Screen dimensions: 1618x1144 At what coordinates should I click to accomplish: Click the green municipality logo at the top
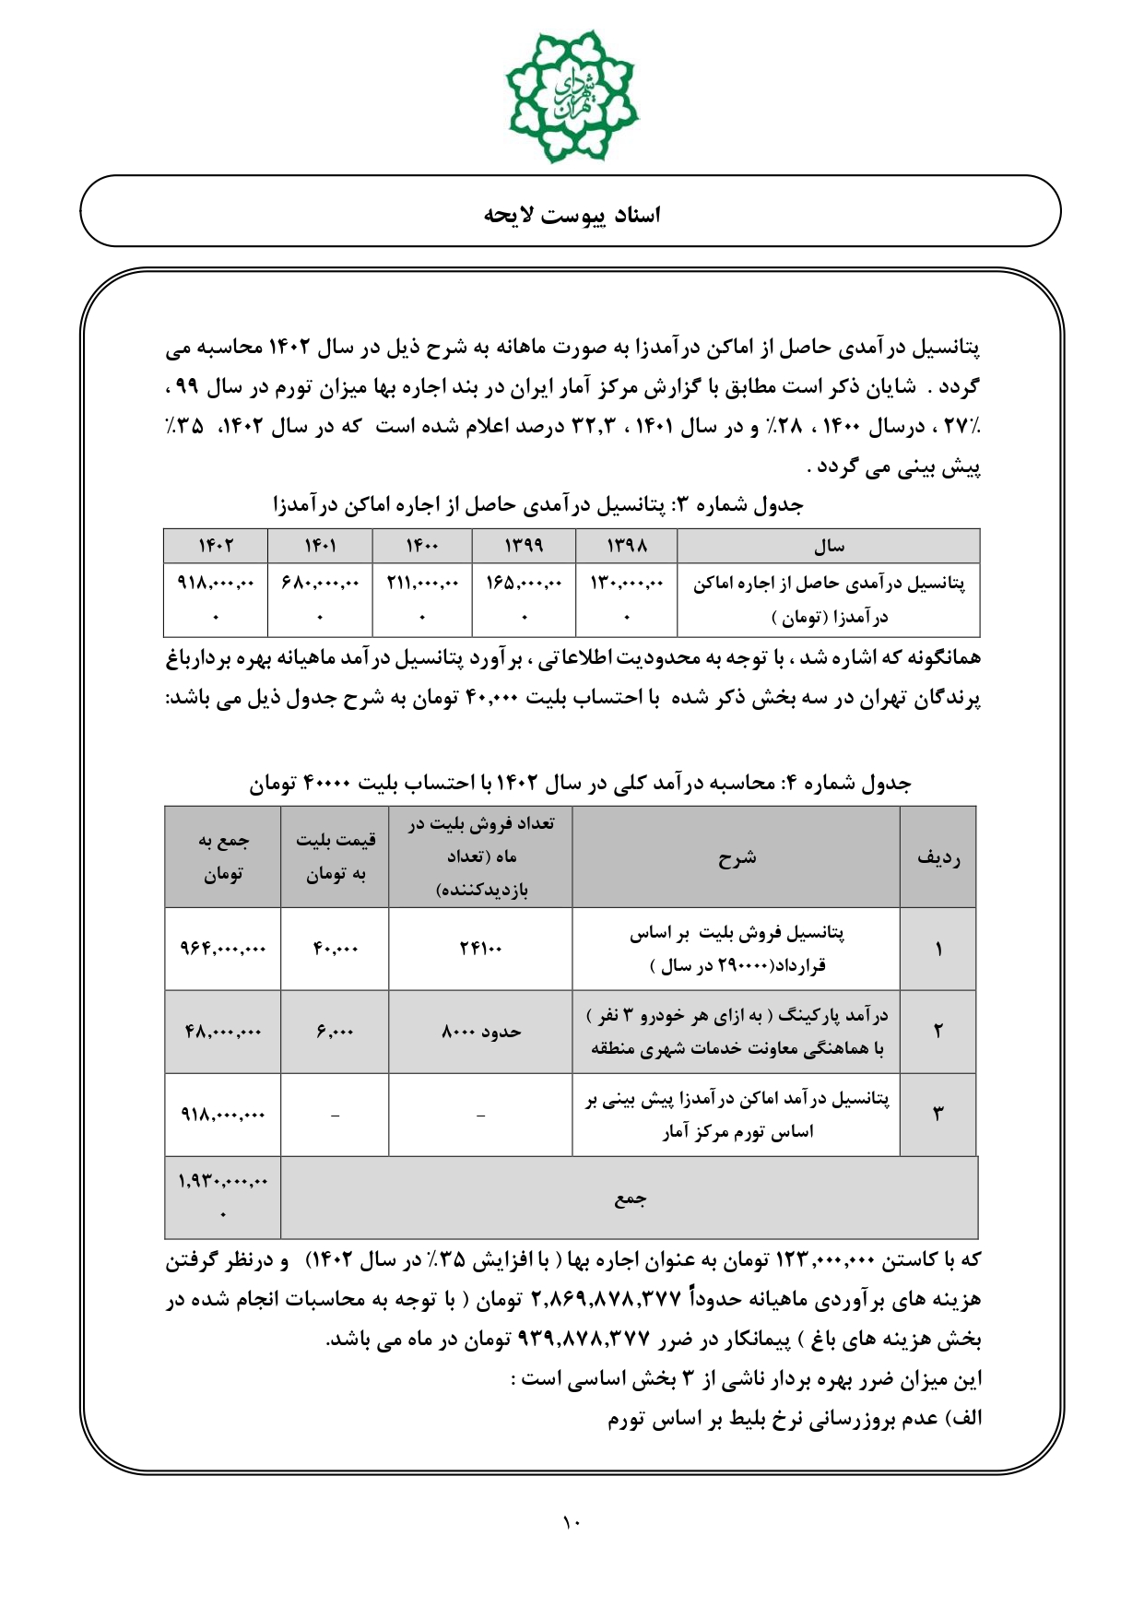click(572, 95)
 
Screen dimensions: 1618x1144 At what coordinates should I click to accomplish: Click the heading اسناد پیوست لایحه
click(572, 215)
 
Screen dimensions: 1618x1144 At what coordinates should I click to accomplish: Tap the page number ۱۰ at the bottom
click(571, 1523)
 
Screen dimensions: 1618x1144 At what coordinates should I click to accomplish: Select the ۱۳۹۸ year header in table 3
click(626, 546)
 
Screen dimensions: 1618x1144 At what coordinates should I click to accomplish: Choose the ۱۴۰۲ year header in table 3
click(216, 546)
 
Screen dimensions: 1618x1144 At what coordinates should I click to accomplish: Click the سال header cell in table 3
click(828, 546)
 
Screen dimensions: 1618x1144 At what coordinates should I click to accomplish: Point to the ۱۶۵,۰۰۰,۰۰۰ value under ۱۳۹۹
click(524, 584)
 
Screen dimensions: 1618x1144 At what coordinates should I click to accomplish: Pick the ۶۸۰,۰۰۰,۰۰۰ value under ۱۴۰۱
click(320, 584)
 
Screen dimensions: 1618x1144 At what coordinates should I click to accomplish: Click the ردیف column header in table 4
click(938, 857)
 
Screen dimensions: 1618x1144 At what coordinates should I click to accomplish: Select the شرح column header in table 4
click(736, 857)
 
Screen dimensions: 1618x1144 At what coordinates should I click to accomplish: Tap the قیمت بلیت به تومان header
click(335, 857)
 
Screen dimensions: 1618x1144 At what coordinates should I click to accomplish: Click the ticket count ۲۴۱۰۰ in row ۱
click(480, 949)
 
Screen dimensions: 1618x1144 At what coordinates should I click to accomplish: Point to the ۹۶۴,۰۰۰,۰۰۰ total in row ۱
click(223, 949)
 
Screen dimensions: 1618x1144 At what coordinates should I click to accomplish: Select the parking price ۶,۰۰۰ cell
click(335, 1032)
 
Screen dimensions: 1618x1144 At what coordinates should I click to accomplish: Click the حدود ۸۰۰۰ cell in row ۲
click(480, 1032)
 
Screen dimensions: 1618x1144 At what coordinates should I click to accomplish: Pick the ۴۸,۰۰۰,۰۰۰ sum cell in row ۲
click(223, 1032)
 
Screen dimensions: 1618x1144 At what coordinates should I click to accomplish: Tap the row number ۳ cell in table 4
click(938, 1114)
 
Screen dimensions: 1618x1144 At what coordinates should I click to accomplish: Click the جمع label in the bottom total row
click(630, 1198)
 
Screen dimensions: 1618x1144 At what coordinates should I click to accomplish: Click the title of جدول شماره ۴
click(580, 784)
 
